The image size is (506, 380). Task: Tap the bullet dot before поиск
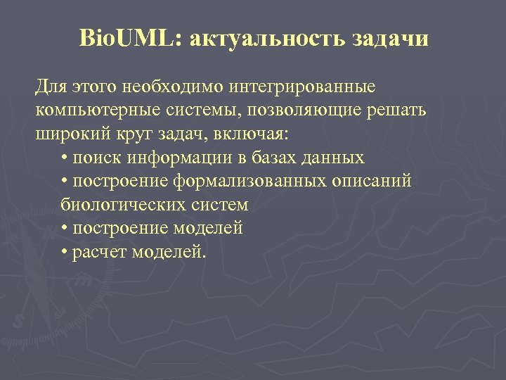pos(65,158)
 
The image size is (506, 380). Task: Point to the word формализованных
pos(251,182)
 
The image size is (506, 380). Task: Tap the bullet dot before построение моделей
pos(65,229)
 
